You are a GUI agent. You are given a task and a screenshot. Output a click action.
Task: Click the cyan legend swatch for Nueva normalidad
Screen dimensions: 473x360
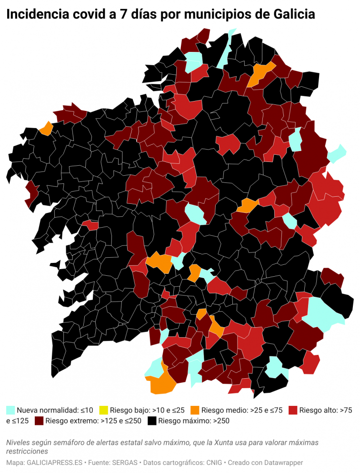coord(10,410)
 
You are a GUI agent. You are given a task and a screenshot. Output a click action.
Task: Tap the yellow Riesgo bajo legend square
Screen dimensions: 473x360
coord(103,410)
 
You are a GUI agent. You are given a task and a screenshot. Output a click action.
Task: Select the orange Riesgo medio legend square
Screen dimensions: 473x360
coord(194,410)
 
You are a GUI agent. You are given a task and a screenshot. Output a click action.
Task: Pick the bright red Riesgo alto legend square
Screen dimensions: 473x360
coord(293,410)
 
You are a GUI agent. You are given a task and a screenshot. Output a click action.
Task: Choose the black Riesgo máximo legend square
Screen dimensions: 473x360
coord(152,421)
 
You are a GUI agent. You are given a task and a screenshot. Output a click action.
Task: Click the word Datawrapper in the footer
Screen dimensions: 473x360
coord(282,463)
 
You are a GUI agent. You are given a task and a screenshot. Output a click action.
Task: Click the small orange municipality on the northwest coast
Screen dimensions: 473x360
coord(46,129)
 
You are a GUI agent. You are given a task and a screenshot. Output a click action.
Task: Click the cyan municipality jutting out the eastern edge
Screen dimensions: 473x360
coord(337,153)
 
